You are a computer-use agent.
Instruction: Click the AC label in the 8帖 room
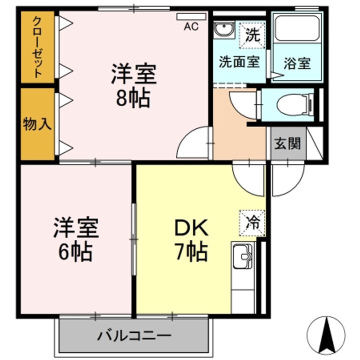191,27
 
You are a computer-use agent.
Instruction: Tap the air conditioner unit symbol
191,16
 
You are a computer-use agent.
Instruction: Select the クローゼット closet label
37,47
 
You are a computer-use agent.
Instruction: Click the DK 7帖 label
190,240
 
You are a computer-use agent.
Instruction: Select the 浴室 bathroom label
297,63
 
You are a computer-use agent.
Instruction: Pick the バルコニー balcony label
134,334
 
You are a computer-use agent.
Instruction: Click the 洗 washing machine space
253,36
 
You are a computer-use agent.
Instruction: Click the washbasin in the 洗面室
223,30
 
